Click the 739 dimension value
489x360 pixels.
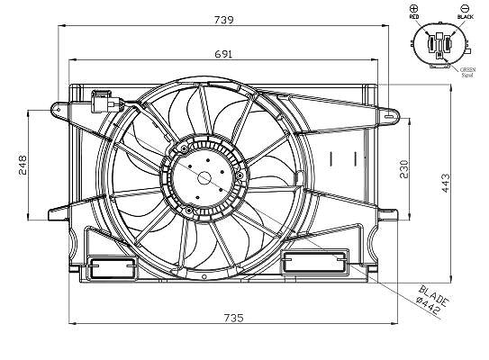pyautogui.click(x=223, y=20)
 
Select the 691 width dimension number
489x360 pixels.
pyautogui.click(x=223, y=54)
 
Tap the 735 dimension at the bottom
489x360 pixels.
pyautogui.click(x=233, y=318)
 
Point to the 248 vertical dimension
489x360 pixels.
pyautogui.click(x=23, y=165)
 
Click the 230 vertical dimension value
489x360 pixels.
pyautogui.click(x=403, y=169)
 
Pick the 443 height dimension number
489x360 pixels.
pyautogui.click(x=446, y=184)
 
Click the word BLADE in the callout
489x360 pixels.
pyautogui.click(x=434, y=295)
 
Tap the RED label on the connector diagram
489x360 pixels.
pyautogui.click(x=414, y=17)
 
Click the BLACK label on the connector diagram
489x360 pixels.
pyautogui.click(x=466, y=17)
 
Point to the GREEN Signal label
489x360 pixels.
pyautogui.click(x=467, y=72)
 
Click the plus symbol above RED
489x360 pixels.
pyautogui.click(x=414, y=8)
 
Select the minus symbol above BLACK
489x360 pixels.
pyautogui.click(x=465, y=8)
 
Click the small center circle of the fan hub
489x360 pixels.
pyautogui.click(x=204, y=178)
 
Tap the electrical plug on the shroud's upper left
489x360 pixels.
pyautogui.click(x=105, y=101)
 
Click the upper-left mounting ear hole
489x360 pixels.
pyautogui.click(x=59, y=110)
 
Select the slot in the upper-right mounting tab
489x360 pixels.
pyautogui.click(x=389, y=117)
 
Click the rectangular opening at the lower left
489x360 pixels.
pyautogui.click(x=113, y=267)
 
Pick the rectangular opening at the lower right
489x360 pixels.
pyautogui.click(x=315, y=262)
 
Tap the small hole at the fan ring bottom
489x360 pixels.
pyautogui.click(x=204, y=277)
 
